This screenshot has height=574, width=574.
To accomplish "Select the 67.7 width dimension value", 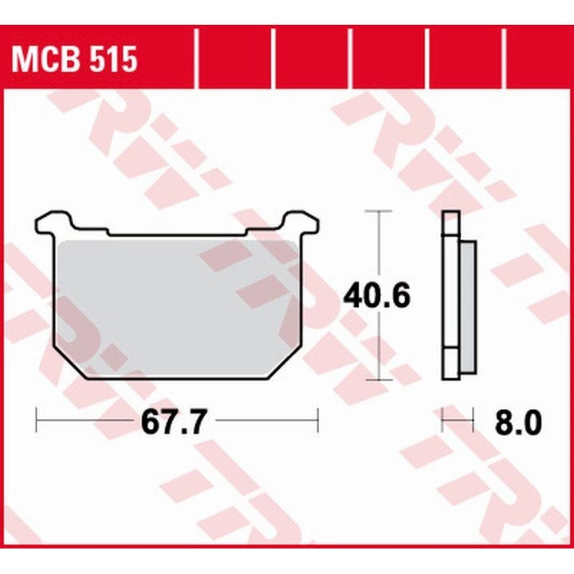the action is click(175, 421).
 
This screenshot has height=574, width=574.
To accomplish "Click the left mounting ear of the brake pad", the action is click(55, 222).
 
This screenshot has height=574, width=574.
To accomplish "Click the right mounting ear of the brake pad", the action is click(301, 222).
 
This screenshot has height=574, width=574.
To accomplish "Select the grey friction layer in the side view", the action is click(468, 308).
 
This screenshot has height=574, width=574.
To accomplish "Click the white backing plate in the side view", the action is click(450, 295).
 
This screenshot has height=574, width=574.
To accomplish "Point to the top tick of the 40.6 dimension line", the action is click(379, 211).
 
